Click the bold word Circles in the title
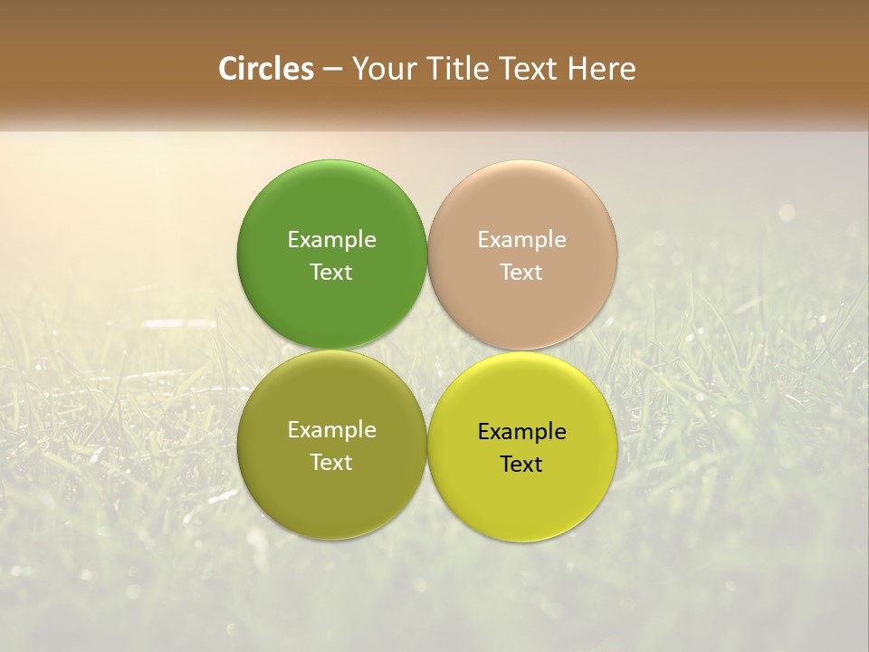[266, 69]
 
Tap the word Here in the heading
[602, 69]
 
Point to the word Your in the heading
[384, 69]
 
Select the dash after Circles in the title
[332, 70]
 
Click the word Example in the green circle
[331, 239]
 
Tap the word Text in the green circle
[331, 272]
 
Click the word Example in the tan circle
[522, 239]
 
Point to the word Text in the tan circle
[522, 272]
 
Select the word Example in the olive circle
[331, 429]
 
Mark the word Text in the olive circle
[331, 462]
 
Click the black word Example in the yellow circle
[522, 431]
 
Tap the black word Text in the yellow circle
[521, 464]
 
